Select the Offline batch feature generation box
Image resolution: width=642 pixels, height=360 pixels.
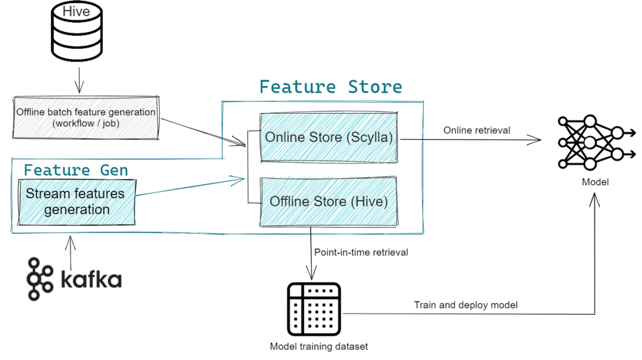[x=86, y=117]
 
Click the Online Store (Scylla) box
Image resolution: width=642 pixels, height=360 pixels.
[x=329, y=137]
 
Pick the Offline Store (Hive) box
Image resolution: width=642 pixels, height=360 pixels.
[x=329, y=201]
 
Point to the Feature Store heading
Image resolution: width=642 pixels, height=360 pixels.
[x=330, y=87]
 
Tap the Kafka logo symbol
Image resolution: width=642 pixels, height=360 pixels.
[x=40, y=278]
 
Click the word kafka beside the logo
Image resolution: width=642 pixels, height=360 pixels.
[x=91, y=280]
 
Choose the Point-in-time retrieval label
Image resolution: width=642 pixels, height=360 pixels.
[x=361, y=252]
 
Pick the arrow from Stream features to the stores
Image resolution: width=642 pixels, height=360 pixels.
[x=188, y=188]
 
